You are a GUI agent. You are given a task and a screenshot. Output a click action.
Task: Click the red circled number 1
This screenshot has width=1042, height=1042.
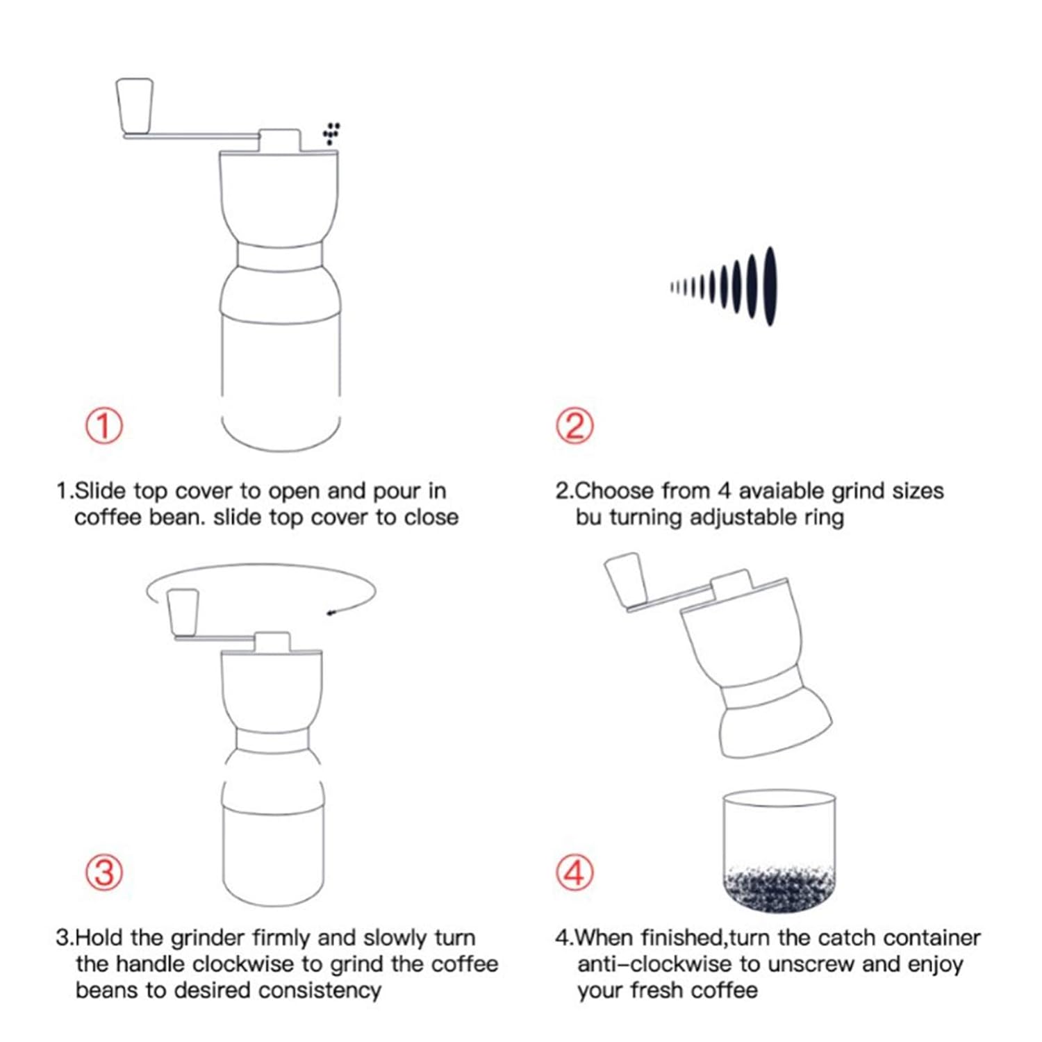click(104, 425)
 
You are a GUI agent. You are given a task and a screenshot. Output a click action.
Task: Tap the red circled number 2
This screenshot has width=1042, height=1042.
click(575, 425)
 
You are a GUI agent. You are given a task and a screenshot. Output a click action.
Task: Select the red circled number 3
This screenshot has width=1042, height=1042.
click(104, 872)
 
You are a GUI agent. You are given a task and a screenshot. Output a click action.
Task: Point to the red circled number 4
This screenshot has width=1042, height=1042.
click(575, 872)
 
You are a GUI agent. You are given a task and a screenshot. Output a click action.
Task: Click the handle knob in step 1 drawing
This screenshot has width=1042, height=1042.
click(135, 106)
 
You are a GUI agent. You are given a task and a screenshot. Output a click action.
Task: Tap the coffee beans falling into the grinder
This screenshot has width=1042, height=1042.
click(331, 133)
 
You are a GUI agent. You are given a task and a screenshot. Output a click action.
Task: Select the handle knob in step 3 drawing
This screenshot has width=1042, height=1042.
click(183, 612)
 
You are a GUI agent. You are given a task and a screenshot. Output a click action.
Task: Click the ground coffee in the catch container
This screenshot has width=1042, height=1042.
click(779, 887)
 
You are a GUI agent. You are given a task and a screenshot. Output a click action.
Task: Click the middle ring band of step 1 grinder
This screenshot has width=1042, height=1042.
click(280, 255)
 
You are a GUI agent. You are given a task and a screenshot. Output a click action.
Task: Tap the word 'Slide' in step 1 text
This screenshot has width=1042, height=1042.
click(101, 491)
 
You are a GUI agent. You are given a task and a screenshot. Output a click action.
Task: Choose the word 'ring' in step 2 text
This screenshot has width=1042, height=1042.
click(824, 518)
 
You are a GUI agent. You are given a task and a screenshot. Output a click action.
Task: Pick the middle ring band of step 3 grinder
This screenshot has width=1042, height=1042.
click(272, 740)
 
